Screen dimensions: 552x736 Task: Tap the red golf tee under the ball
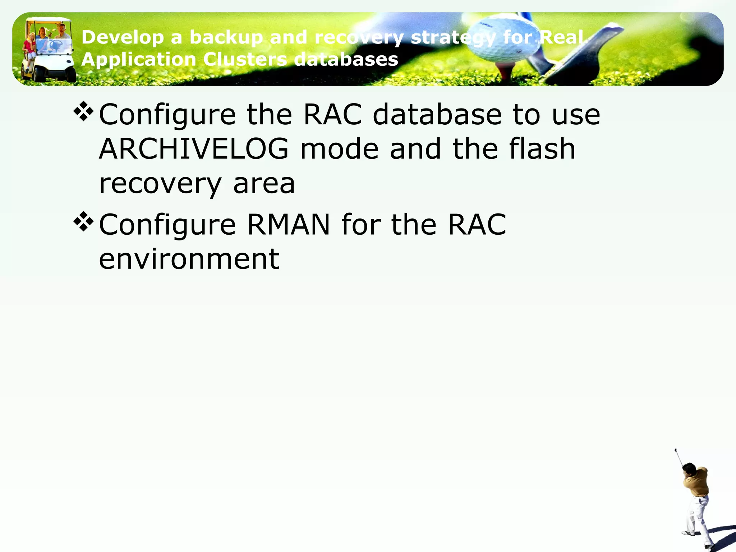click(505, 72)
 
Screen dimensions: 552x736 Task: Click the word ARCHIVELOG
click(194, 149)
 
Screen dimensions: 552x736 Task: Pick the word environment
click(189, 259)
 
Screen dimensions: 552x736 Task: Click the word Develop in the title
click(123, 37)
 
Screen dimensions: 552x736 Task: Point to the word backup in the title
click(226, 37)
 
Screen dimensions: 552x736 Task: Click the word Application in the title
click(138, 59)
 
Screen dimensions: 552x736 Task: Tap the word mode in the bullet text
click(339, 149)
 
